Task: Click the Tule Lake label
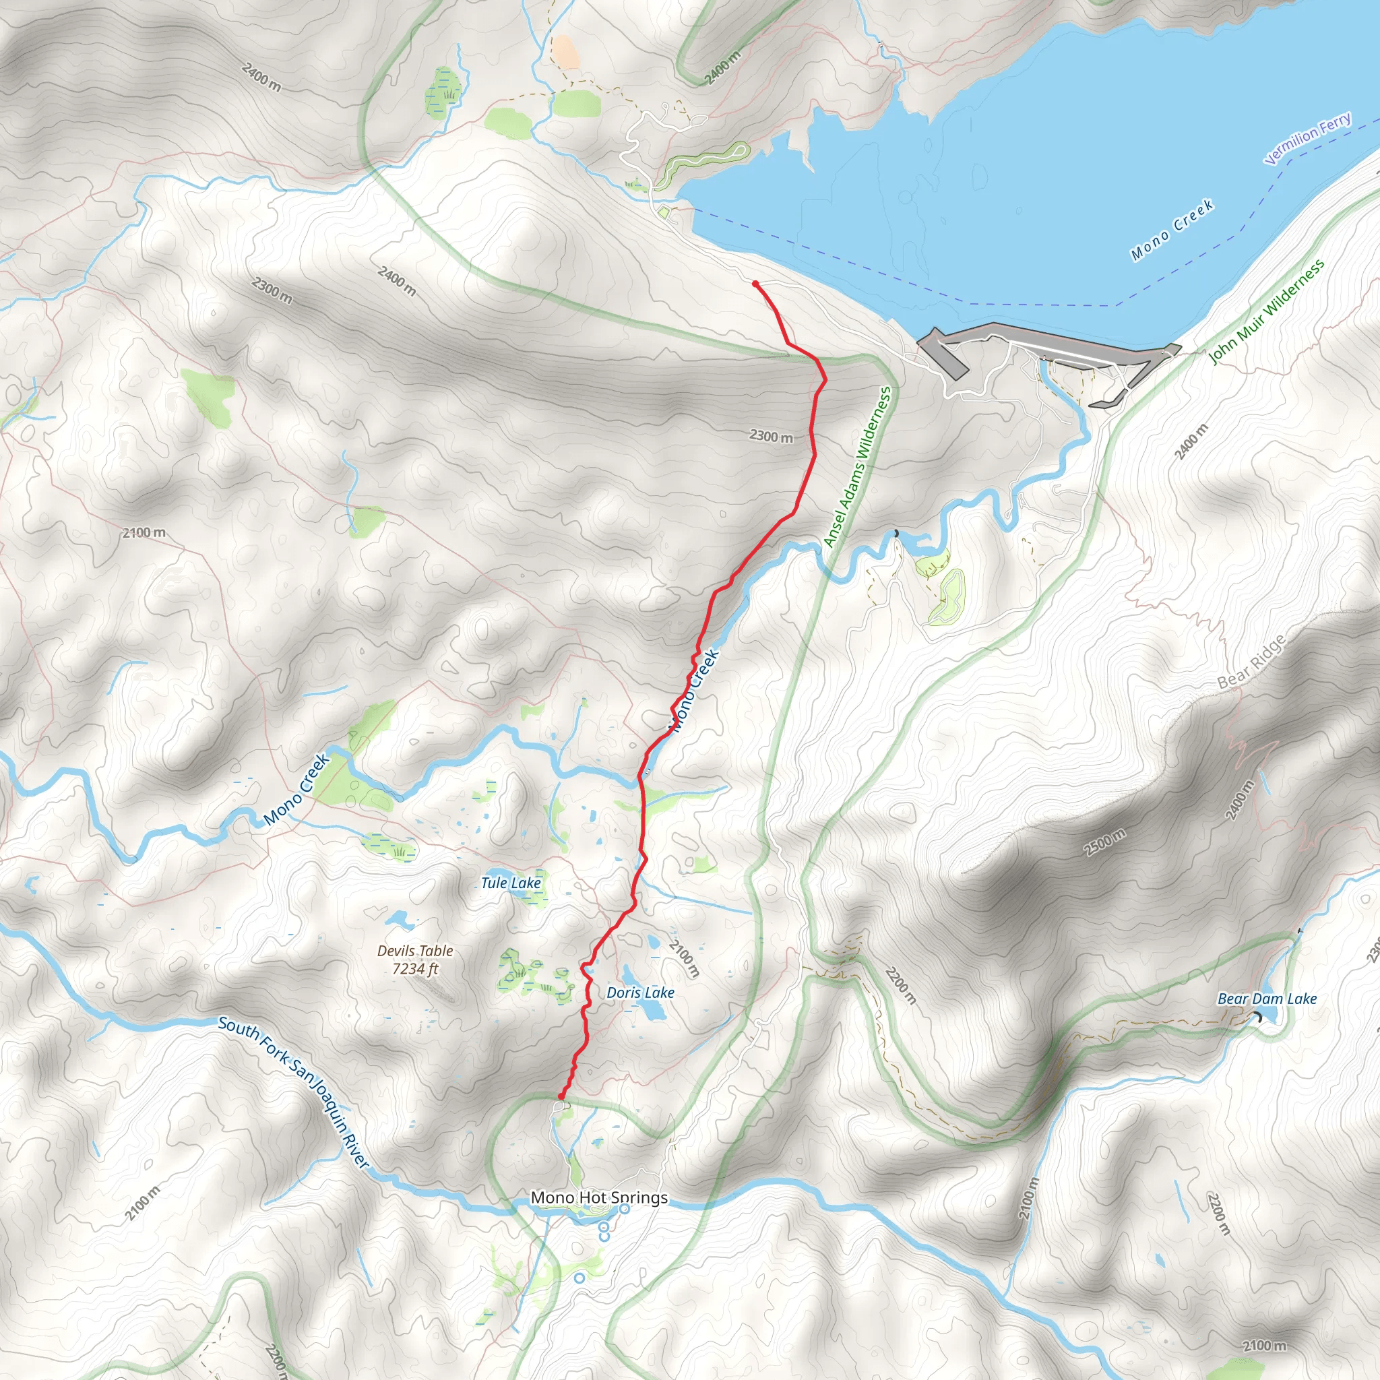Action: pyautogui.click(x=511, y=883)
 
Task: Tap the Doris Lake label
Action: pyautogui.click(x=640, y=993)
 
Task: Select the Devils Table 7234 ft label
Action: pyautogui.click(x=415, y=960)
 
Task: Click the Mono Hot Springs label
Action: pyautogui.click(x=598, y=1197)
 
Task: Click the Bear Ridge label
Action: pyautogui.click(x=1251, y=662)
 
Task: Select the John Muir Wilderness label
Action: pyautogui.click(x=1265, y=312)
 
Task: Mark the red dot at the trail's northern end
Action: pyautogui.click(x=755, y=284)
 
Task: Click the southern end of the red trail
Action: pyautogui.click(x=561, y=1096)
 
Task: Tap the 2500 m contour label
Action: pyautogui.click(x=1104, y=843)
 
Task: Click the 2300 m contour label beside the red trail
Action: pyautogui.click(x=771, y=436)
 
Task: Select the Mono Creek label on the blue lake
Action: pyautogui.click(x=1172, y=230)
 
